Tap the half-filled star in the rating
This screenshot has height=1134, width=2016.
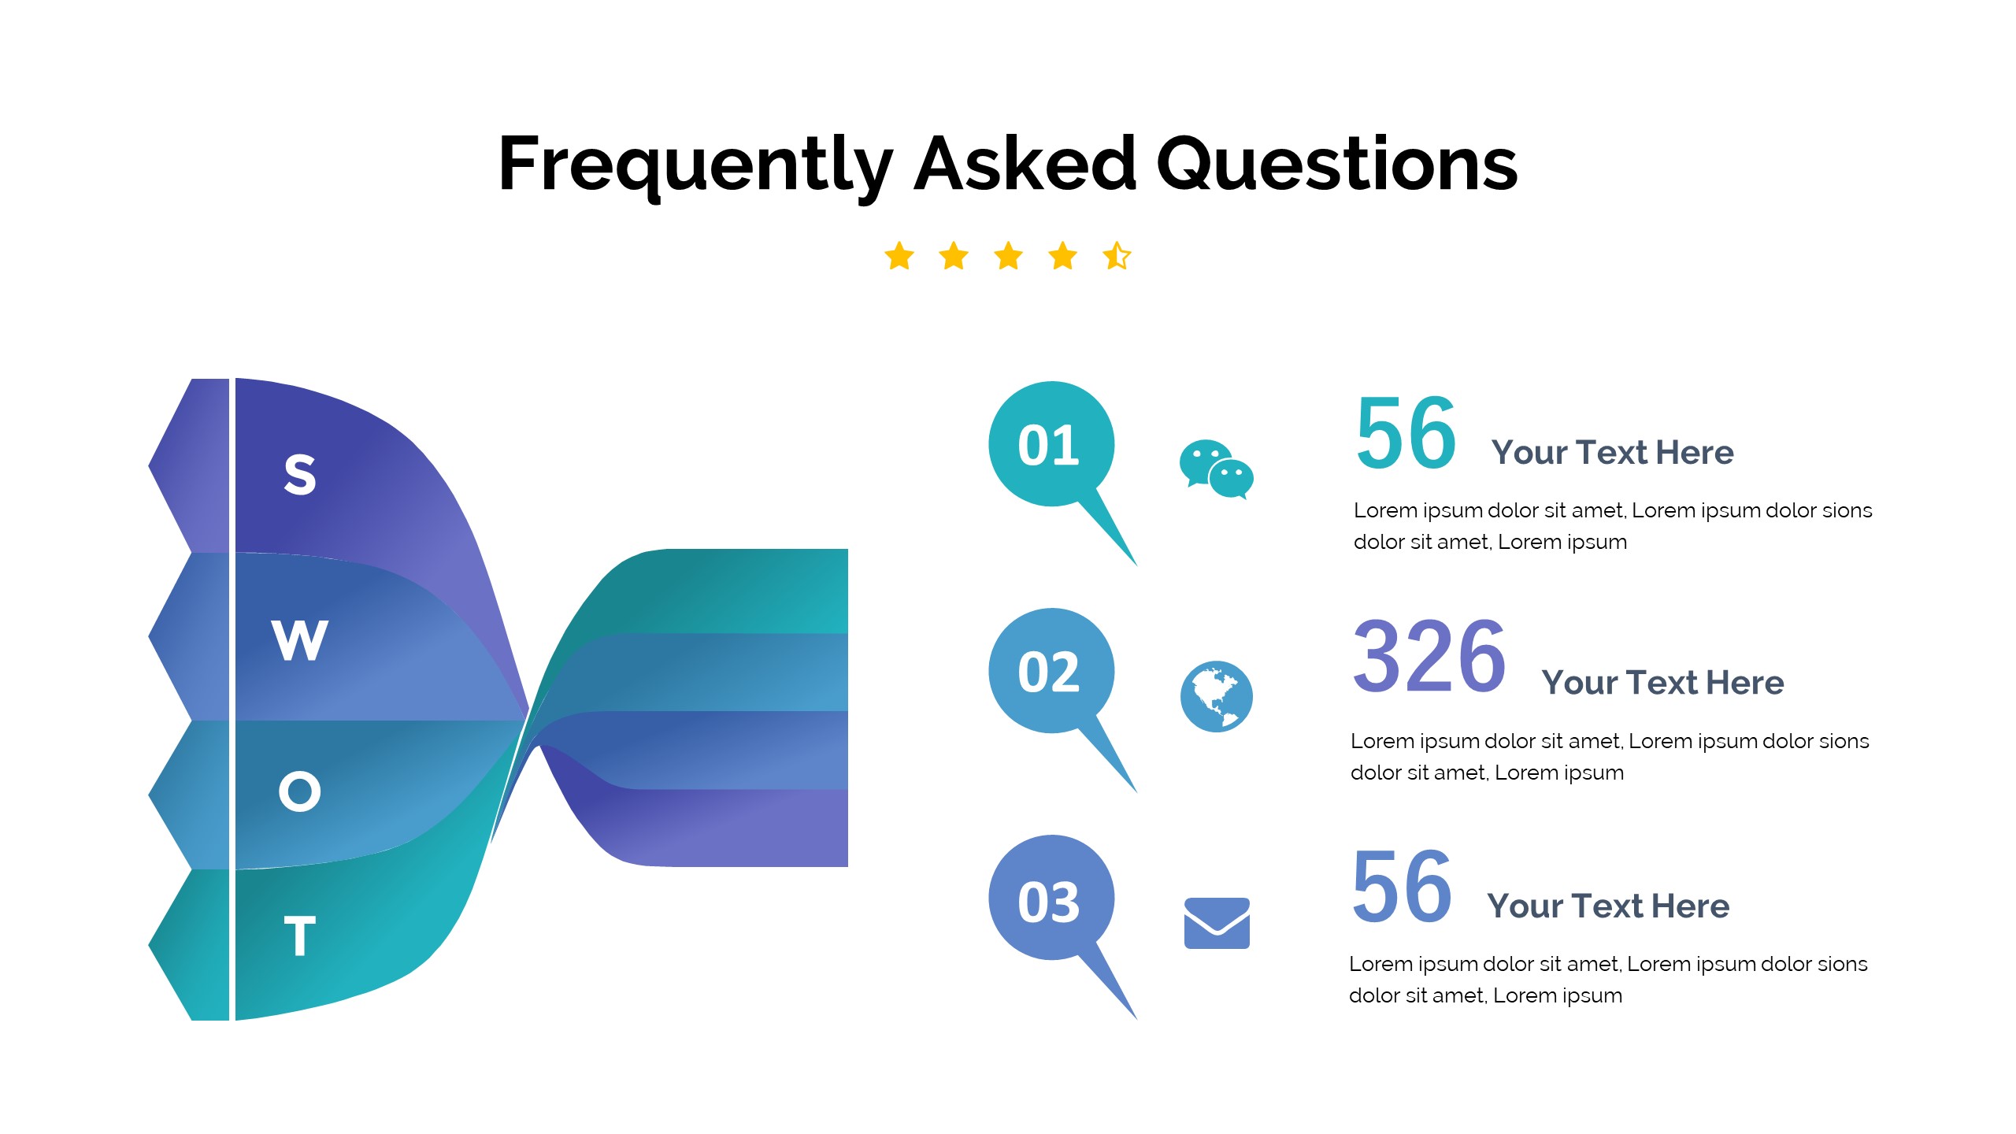pos(1117,256)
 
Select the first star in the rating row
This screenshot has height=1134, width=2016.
pos(899,256)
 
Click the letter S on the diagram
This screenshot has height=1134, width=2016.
pos(300,475)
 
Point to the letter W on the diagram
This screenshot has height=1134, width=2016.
pos(299,639)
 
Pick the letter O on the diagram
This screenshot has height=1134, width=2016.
pos(300,791)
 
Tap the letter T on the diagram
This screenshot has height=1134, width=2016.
pos(300,936)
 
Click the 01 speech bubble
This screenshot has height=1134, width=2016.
pos(1051,445)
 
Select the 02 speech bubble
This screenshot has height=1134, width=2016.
pos(1051,672)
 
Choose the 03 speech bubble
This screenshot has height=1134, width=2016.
pos(1051,900)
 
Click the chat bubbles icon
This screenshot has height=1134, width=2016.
pos(1216,469)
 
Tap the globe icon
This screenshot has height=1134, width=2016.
pos(1216,696)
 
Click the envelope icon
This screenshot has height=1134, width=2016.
pos(1217,923)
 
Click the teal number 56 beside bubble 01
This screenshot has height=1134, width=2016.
pos(1406,432)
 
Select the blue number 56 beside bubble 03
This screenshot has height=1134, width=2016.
pos(1402,887)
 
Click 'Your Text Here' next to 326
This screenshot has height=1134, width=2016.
pos(1662,683)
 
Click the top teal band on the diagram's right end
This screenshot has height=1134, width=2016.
pos(748,591)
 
